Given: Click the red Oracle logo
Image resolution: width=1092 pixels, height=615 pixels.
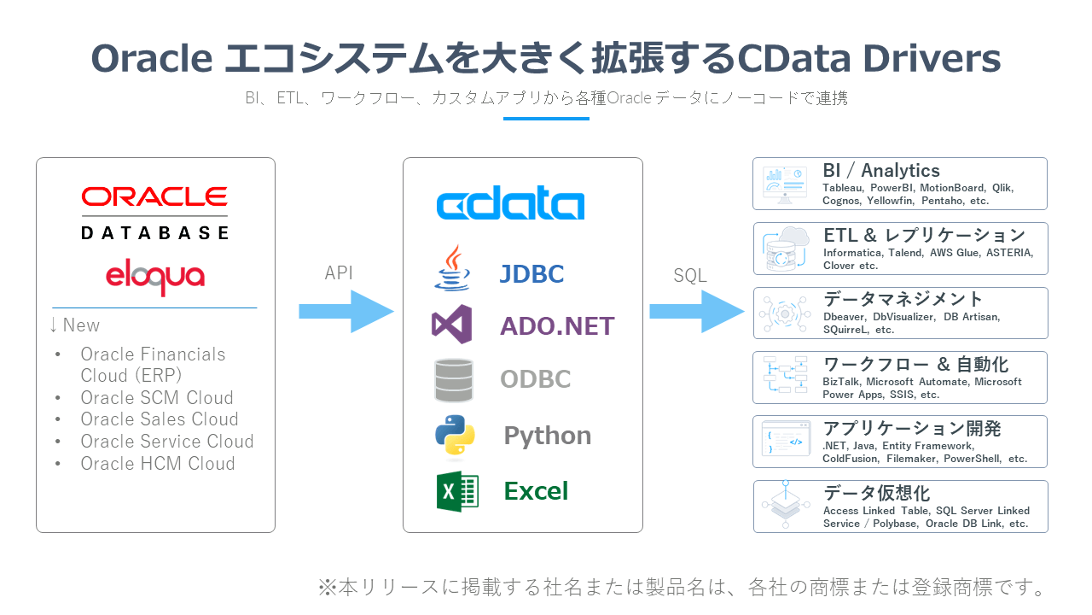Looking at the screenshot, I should pyautogui.click(x=154, y=197).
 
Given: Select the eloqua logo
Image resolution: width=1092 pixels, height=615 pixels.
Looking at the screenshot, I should pyautogui.click(x=154, y=276).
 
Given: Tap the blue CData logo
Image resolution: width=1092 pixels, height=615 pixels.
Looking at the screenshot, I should pyautogui.click(x=510, y=205).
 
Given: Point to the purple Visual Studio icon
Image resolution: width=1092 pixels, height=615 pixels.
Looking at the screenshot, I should pyautogui.click(x=451, y=325).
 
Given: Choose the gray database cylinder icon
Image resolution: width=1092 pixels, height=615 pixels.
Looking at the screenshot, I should pyautogui.click(x=453, y=380).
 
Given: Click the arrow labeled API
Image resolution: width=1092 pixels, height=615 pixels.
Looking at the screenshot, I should pyautogui.click(x=346, y=312).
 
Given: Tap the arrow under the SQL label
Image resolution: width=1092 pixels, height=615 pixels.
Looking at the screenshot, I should pyautogui.click(x=696, y=312).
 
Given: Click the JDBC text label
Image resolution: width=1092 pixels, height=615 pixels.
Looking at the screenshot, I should pyautogui.click(x=531, y=274).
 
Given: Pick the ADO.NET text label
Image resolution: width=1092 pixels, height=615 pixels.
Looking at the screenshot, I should pyautogui.click(x=557, y=326).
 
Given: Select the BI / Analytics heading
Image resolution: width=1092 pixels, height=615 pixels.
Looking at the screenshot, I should pyautogui.click(x=880, y=171).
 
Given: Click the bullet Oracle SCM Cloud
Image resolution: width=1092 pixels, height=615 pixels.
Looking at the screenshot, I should pyautogui.click(x=156, y=398).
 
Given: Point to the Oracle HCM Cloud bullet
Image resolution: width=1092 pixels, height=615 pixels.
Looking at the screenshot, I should pyautogui.click(x=157, y=464).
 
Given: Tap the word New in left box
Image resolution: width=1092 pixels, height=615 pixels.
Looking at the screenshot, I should pyautogui.click(x=81, y=325).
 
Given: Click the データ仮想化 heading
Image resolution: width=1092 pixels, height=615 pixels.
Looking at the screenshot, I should pyautogui.click(x=876, y=494).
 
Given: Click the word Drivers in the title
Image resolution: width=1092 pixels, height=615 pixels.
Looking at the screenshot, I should pyautogui.click(x=929, y=59).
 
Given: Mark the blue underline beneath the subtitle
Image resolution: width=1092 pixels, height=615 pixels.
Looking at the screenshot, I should pyautogui.click(x=546, y=118).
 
